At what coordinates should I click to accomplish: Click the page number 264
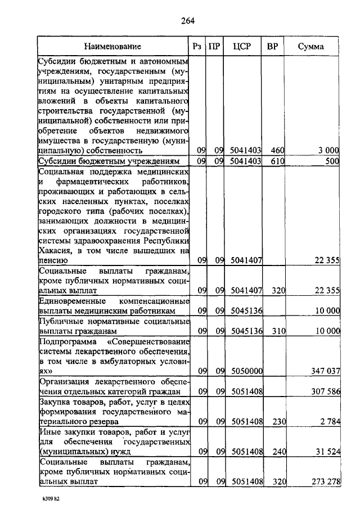(187, 21)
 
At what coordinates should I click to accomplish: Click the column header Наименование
(113, 46)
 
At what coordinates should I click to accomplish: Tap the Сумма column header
(314, 46)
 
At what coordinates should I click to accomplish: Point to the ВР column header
(272, 46)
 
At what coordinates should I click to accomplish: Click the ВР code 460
(277, 150)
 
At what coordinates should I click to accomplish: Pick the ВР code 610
(277, 161)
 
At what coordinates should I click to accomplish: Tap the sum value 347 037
(326, 371)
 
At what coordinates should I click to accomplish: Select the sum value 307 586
(326, 391)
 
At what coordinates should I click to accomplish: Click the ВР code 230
(277, 421)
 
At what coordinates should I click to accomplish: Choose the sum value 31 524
(328, 451)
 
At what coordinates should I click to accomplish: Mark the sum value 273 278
(326, 481)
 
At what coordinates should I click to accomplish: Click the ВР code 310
(277, 331)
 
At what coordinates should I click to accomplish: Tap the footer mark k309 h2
(50, 498)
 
